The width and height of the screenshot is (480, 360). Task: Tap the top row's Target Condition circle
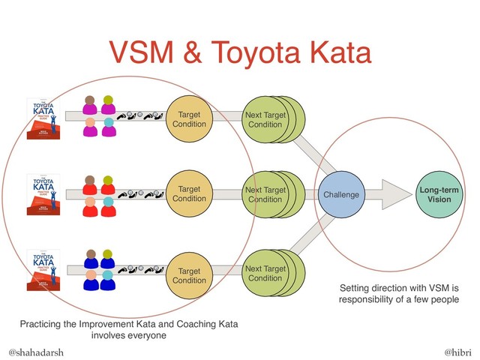(190, 118)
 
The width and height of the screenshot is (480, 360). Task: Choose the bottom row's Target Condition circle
(190, 274)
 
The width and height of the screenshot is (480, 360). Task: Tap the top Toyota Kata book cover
(42, 119)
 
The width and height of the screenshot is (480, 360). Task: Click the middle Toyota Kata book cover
(42, 196)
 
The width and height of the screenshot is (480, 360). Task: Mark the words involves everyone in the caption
(129, 335)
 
